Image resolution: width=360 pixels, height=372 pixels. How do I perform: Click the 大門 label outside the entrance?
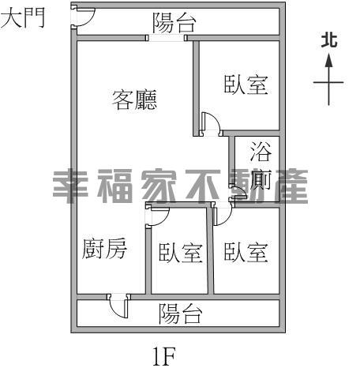(23, 17)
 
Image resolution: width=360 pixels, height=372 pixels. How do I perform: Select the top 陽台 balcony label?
(174, 23)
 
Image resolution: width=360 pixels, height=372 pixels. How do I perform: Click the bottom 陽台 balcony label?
(181, 314)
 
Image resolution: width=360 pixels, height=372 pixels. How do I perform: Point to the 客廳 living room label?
(134, 100)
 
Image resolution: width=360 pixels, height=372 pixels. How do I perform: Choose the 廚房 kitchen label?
(104, 249)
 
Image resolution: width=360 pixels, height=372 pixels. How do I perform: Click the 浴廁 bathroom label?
(261, 166)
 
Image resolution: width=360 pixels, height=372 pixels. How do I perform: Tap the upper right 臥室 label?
(246, 85)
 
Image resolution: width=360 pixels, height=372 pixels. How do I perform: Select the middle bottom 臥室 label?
(181, 253)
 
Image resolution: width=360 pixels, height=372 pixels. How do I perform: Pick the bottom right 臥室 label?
(246, 253)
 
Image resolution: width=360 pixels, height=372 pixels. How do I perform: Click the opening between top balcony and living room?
(167, 38)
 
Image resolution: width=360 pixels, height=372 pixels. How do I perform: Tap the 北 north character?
(329, 40)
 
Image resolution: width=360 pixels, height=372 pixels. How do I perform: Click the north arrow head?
(328, 60)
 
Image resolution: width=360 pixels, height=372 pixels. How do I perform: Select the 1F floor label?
(164, 356)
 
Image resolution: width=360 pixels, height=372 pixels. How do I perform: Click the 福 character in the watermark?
(115, 186)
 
